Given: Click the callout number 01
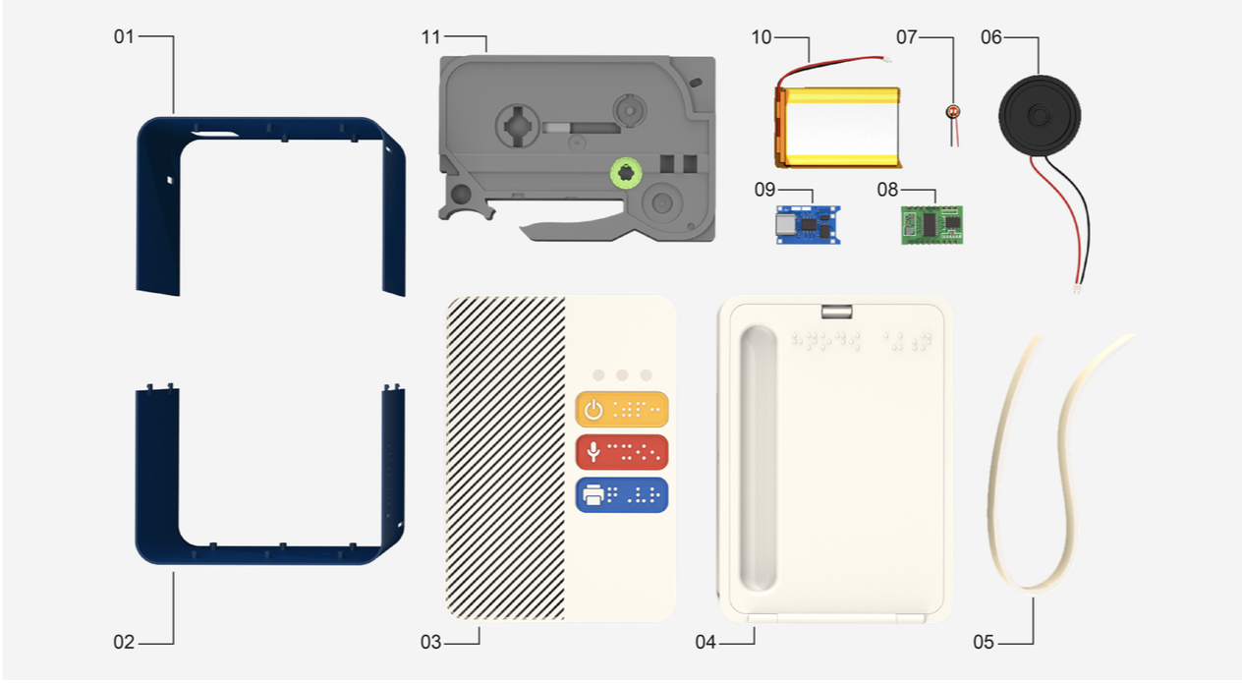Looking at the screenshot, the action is pos(123,37).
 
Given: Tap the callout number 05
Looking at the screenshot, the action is pos(984,643).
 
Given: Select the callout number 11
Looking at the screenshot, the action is pos(430,37).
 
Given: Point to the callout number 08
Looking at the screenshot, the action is pos(887,190).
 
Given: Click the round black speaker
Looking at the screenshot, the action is pos(1040,116).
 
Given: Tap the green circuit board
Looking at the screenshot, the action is pos(931,224).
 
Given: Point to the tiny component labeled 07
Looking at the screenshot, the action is pos(951,113).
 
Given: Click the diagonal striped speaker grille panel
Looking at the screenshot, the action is pos(505,457).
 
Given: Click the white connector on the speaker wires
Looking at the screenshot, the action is pos(1078,290).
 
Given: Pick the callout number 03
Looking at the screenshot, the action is pos(430,643).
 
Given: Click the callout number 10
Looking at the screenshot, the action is pos(762,37).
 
